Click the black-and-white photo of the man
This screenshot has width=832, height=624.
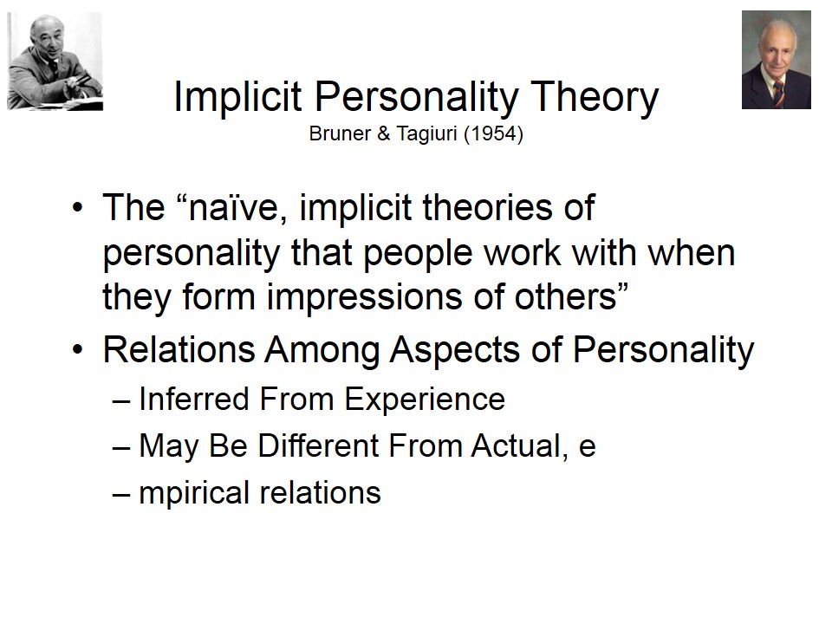[x=55, y=61]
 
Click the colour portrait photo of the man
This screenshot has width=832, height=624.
[x=777, y=60]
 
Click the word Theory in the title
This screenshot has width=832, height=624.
[x=595, y=97]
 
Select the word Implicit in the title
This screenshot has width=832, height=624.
[x=237, y=97]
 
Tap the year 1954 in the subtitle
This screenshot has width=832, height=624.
[x=493, y=133]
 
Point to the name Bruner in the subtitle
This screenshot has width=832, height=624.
[x=340, y=133]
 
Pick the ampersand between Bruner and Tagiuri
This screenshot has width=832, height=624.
[x=383, y=133]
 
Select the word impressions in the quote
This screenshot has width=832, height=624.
[x=364, y=296]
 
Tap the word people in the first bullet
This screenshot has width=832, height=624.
[x=417, y=254]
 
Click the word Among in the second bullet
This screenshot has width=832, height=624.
[x=322, y=351]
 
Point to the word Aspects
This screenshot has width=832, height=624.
[x=455, y=351]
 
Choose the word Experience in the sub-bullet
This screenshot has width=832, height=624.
[x=425, y=400]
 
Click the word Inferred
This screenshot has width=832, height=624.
[x=193, y=399]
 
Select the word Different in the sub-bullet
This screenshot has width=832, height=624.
[x=318, y=445]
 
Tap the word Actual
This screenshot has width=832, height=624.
[x=516, y=445]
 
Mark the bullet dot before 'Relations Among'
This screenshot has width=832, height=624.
[x=78, y=350]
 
